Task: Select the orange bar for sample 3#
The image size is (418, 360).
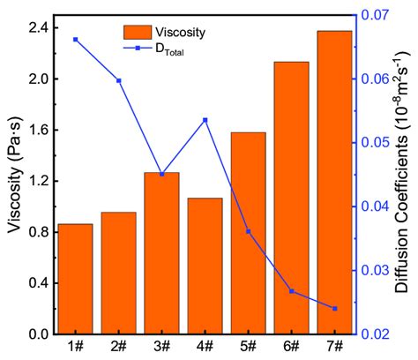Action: tap(161, 253)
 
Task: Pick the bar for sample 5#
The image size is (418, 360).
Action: tap(248, 233)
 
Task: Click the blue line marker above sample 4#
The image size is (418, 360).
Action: tap(205, 120)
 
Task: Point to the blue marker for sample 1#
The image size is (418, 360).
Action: tap(75, 40)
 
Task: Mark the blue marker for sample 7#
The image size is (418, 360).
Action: tap(334, 308)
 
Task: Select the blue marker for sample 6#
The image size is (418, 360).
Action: tap(291, 291)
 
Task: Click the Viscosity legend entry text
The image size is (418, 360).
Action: tap(182, 33)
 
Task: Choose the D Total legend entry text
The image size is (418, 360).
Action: tap(175, 51)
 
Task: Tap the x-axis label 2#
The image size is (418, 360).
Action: tap(118, 347)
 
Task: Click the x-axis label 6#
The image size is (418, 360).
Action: tap(291, 347)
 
